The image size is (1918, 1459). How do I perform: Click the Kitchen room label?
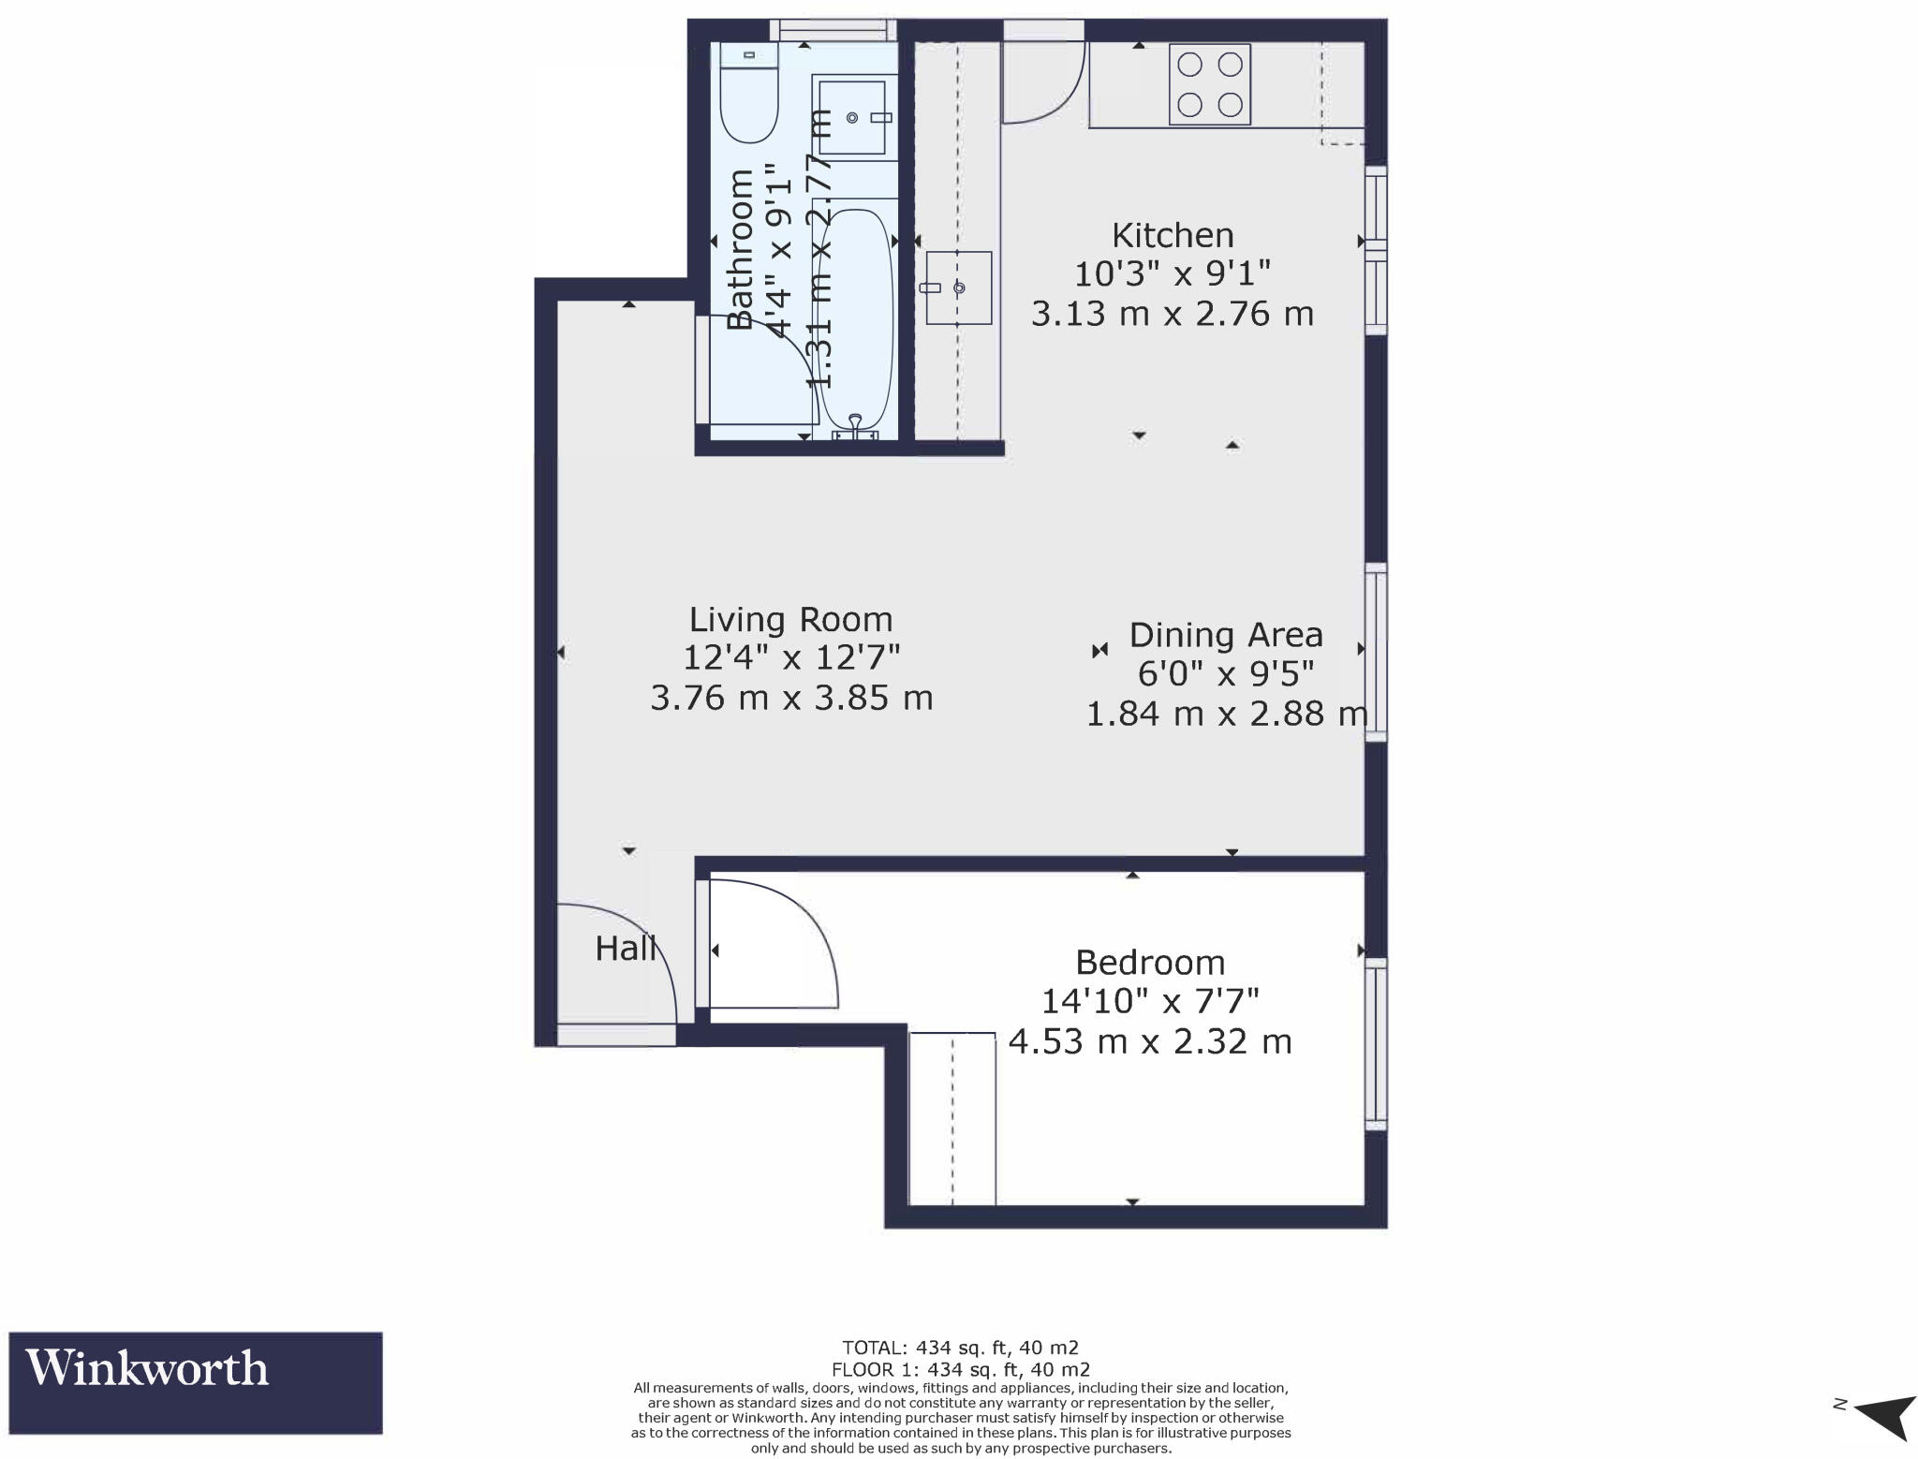(x=1172, y=234)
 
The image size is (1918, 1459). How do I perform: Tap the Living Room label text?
(x=790, y=619)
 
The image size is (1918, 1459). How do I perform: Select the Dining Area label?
(x=1225, y=635)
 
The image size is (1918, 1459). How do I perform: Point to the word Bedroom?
(x=1149, y=962)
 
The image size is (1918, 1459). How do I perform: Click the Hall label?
(x=626, y=949)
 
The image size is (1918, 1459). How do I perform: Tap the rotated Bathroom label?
(x=741, y=250)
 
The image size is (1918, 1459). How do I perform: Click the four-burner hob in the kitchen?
(x=1209, y=84)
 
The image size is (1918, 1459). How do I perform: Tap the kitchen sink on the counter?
(x=958, y=287)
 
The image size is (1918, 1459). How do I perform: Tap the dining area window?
(x=1376, y=652)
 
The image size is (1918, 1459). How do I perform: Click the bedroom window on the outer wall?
(x=1376, y=1043)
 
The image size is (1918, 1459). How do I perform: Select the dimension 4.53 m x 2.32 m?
(x=1149, y=1041)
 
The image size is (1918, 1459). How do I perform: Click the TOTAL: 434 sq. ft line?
(x=960, y=1348)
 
